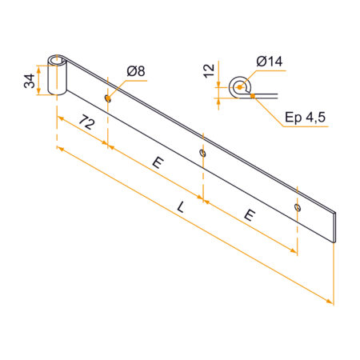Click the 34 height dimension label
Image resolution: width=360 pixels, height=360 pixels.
[x=30, y=81]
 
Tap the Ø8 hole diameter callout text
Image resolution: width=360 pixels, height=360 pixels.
[x=136, y=71]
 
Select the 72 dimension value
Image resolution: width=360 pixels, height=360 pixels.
[x=87, y=122]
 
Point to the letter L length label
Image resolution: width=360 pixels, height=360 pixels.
[x=181, y=207]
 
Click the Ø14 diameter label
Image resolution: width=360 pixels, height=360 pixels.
[x=269, y=62]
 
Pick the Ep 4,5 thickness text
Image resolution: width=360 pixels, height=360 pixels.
[x=305, y=117]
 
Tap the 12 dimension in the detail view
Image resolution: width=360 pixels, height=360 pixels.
[x=209, y=71]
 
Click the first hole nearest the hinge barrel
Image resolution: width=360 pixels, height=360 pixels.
[x=108, y=98]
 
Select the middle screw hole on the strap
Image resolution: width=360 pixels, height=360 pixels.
[x=203, y=153]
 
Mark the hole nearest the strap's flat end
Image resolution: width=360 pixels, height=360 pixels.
[x=298, y=207]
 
